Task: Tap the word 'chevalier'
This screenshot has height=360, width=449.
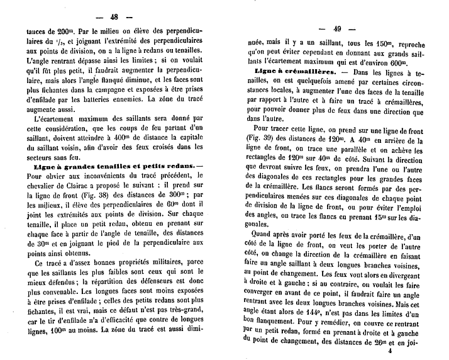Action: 39,185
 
